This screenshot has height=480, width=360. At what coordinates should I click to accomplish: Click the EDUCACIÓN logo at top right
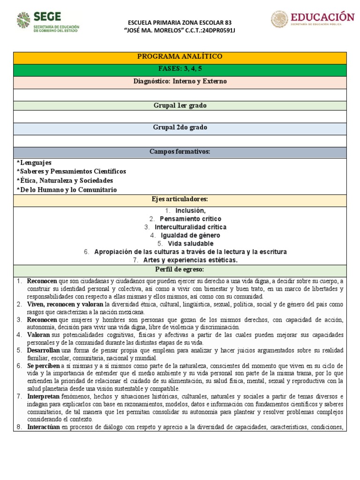[x=313, y=19]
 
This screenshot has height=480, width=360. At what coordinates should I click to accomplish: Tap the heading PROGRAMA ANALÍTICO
[x=180, y=57]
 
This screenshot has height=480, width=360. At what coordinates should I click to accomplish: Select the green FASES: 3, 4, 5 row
[x=180, y=69]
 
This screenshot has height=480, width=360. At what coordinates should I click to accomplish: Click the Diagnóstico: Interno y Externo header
[x=180, y=81]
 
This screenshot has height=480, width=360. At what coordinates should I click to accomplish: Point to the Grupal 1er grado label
[x=180, y=105]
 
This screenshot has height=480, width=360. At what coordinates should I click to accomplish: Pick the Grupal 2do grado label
[x=180, y=127]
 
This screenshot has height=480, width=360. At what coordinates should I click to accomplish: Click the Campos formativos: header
[x=180, y=152]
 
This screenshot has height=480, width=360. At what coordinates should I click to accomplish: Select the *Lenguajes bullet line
[x=34, y=163]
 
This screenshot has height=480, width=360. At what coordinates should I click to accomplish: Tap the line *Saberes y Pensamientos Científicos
[x=71, y=172]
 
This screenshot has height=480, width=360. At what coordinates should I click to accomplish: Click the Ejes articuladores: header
[x=180, y=200]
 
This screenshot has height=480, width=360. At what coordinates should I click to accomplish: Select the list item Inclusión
[x=190, y=210]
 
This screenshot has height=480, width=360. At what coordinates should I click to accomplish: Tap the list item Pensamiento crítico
[x=190, y=219]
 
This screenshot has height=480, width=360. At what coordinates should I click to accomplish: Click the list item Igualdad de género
[x=190, y=235]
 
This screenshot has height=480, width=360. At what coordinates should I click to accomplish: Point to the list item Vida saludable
[x=191, y=244]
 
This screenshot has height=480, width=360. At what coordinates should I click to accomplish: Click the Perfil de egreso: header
[x=180, y=270]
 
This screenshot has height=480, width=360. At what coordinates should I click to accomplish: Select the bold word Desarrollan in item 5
[x=44, y=351]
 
